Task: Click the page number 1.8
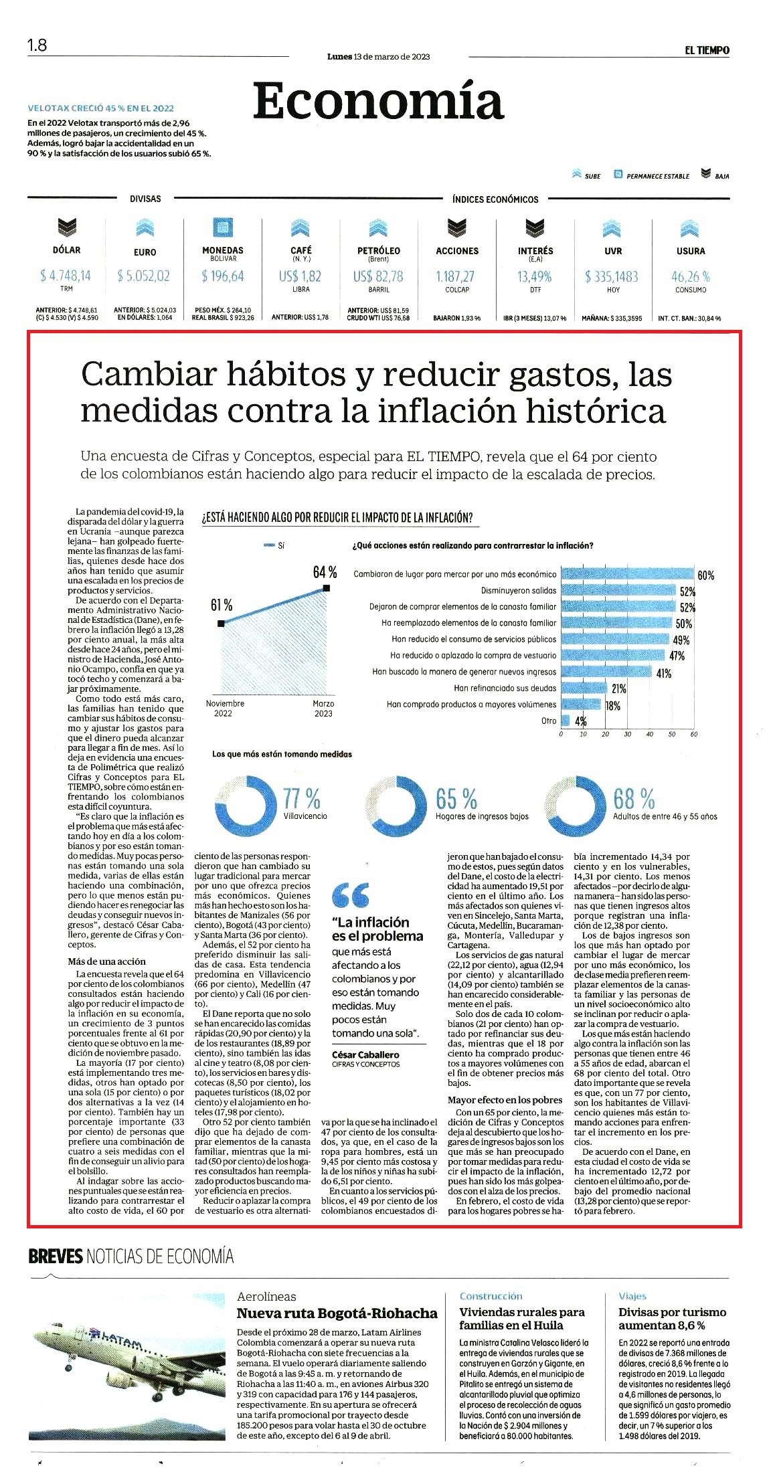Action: pyautogui.click(x=37, y=46)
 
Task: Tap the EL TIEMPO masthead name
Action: pyautogui.click(x=706, y=50)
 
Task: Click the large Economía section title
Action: pyautogui.click(x=378, y=101)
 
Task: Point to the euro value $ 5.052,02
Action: pyautogui.click(x=143, y=276)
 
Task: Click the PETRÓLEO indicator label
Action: pyautogui.click(x=379, y=251)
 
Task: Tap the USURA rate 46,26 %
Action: pyautogui.click(x=691, y=276)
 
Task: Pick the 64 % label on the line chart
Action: pyautogui.click(x=325, y=572)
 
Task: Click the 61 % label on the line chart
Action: pyautogui.click(x=222, y=606)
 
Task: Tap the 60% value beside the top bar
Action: pyautogui.click(x=705, y=575)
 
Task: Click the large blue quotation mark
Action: pyautogui.click(x=351, y=894)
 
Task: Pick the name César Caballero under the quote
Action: pyautogui.click(x=365, y=1055)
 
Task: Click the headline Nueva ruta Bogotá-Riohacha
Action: pyautogui.click(x=337, y=1313)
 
